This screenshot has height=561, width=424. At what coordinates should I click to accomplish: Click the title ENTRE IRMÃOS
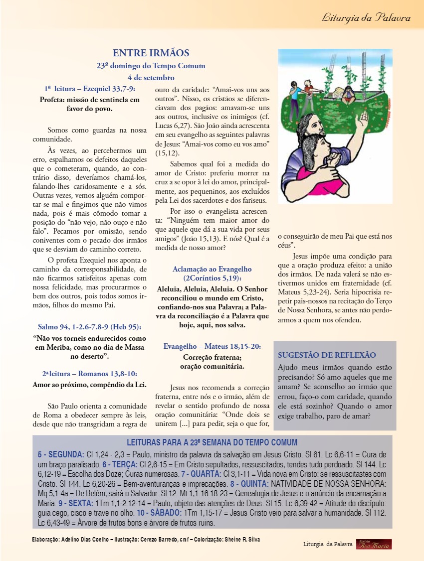click(151, 53)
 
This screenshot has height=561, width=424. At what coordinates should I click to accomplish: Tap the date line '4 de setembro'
click(151, 78)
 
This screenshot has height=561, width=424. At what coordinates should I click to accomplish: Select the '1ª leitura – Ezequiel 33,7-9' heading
click(90, 89)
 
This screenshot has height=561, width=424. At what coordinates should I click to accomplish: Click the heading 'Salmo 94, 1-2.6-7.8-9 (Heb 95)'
click(90, 327)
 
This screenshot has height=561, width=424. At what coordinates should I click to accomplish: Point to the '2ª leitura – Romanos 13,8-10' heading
click(90, 374)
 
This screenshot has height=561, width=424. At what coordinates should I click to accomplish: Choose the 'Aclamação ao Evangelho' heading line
click(212, 269)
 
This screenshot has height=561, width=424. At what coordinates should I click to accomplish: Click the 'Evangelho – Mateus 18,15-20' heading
click(212, 346)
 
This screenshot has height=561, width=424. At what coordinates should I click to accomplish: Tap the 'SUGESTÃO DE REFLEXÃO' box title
click(327, 355)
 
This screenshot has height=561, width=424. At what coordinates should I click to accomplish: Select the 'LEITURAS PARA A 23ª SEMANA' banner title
click(212, 442)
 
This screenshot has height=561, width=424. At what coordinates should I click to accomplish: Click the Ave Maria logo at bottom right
click(374, 544)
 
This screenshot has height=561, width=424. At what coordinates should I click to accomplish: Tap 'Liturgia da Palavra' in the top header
click(366, 18)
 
